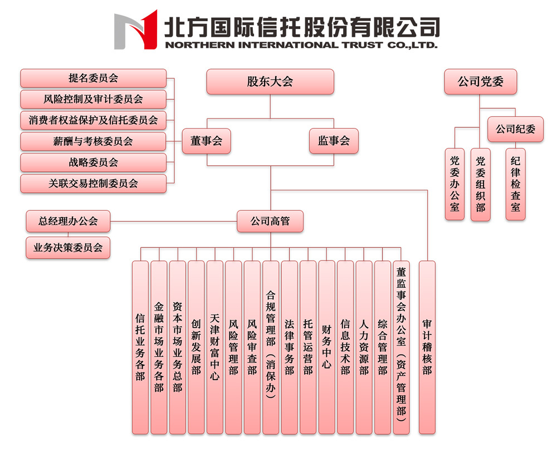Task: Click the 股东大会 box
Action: pyautogui.click(x=270, y=82)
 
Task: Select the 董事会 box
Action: pyautogui.click(x=207, y=141)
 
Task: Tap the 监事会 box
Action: pyautogui.click(x=334, y=141)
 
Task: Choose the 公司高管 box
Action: pyautogui.click(x=270, y=221)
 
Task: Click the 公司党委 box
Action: pyautogui.click(x=480, y=82)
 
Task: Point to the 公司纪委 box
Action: pyautogui.click(x=515, y=129)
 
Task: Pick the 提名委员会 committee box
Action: pyautogui.click(x=94, y=78)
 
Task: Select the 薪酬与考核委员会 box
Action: pyautogui.click(x=94, y=141)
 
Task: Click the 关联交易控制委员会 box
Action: pyautogui.click(x=94, y=184)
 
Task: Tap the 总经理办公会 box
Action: pyautogui.click(x=68, y=221)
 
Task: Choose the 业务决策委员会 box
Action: pyautogui.click(x=68, y=248)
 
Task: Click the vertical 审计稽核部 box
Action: pyautogui.click(x=427, y=347)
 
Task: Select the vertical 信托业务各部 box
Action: pyautogui.click(x=140, y=347)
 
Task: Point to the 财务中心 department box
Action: pyautogui.click(x=327, y=347)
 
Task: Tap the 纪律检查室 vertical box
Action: pyautogui.click(x=515, y=184)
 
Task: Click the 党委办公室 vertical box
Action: pyautogui.click(x=455, y=184)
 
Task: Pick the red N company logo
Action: pyautogui.click(x=136, y=30)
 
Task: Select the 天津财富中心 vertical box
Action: pyautogui.click(x=215, y=347)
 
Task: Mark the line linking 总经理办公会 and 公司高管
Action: pyautogui.click(x=174, y=221)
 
